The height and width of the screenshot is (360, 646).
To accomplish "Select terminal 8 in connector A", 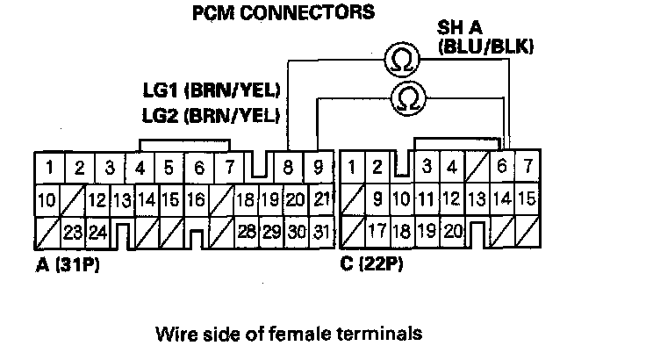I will pos(288,166).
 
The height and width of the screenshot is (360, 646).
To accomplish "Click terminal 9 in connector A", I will pos(319,166).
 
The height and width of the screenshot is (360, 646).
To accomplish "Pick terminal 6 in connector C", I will pos(502,166).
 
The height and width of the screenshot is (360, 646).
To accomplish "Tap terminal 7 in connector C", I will pos(527,166).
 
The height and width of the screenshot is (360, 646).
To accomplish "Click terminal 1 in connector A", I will pos(52,167).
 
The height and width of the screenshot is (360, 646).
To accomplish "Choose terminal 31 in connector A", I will pos(322,232).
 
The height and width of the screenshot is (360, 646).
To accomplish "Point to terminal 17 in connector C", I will pos(377,232).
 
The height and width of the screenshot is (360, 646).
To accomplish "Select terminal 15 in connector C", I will pos(527,199).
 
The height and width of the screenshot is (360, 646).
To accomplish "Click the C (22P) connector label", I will pos(371,263).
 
